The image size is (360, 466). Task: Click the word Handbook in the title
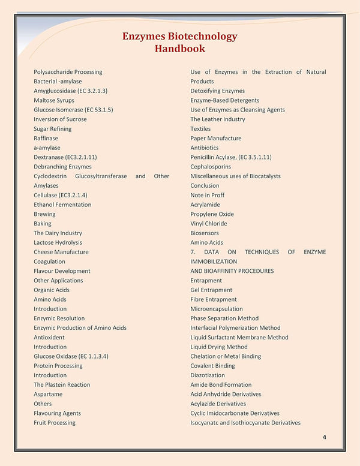pyautogui.click(x=179, y=49)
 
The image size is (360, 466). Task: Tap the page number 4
pyautogui.click(x=324, y=437)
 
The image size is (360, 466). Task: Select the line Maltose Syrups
pyautogui.click(x=54, y=100)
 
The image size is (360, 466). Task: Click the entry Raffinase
pyautogui.click(x=46, y=138)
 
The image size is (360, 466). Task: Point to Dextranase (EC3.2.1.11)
pyautogui.click(x=65, y=157)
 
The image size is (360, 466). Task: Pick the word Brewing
pyautogui.click(x=44, y=214)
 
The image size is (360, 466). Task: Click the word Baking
pyautogui.click(x=43, y=224)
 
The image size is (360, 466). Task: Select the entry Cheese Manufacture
pyautogui.click(x=61, y=252)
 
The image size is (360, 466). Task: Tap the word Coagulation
pyautogui.click(x=50, y=261)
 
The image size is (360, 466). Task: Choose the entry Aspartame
pyautogui.click(x=48, y=394)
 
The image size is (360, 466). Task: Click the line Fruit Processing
pyautogui.click(x=55, y=423)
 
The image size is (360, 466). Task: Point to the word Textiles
pyautogui.click(x=200, y=129)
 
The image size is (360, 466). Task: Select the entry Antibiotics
pyautogui.click(x=205, y=148)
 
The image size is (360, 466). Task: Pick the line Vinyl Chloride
pyautogui.click(x=209, y=224)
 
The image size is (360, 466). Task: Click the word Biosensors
pyautogui.click(x=205, y=233)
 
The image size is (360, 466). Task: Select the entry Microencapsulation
pyautogui.click(x=217, y=309)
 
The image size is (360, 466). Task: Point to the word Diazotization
pyautogui.click(x=208, y=375)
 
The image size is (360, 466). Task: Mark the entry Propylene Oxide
pyautogui.click(x=212, y=214)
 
